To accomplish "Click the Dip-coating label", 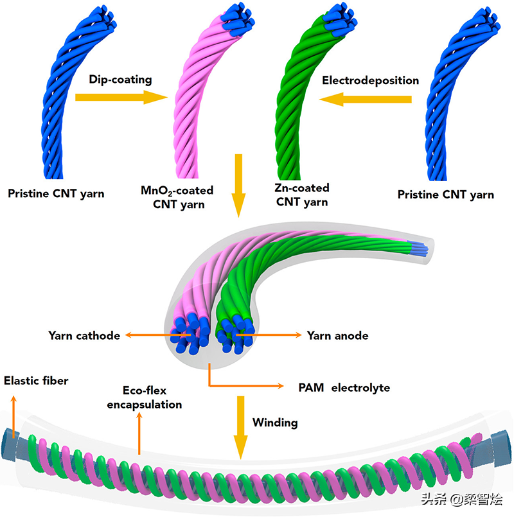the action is pos(120,80).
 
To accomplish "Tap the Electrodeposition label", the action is pos(370,80).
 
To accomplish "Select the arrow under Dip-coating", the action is pos(120,98).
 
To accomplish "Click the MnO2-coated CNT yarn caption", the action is pos(177,198).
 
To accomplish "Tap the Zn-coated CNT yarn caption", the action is pos(301,195).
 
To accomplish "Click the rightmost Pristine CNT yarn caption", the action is pos(446,194).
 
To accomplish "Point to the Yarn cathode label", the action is pos(84,335).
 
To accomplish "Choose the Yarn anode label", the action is pos(337,335).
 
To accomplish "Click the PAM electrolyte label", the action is pos(344,388).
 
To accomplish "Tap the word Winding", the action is pos(275,423).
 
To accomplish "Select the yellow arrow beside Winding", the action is pos(241,427).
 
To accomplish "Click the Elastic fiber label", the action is pos(36,381).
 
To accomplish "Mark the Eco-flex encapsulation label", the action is pos(152,397).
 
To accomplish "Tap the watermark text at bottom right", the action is pos(461,499).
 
